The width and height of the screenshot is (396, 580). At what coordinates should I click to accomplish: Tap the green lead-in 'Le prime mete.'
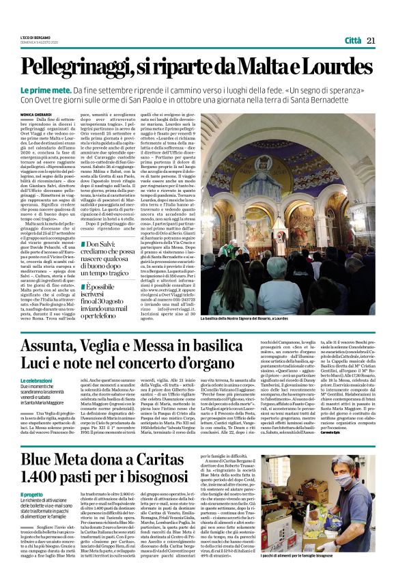click(x=43, y=89)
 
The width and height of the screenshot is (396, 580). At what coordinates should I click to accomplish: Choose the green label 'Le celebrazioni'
click(x=36, y=380)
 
